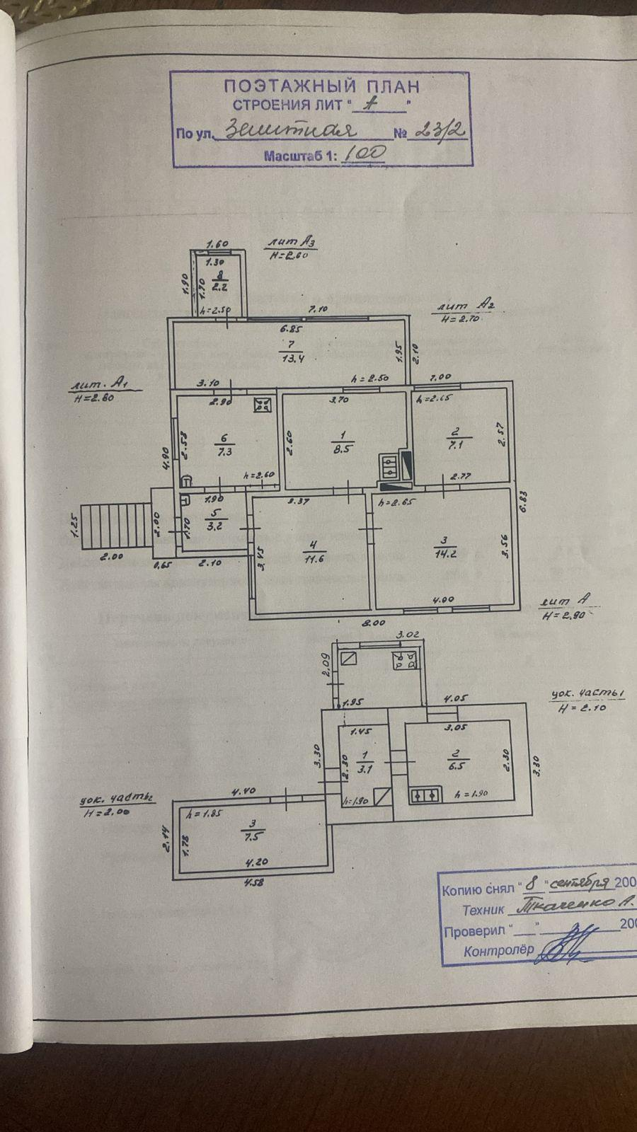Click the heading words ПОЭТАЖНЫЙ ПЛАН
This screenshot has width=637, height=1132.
tap(321, 87)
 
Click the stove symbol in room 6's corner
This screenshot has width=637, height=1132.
tap(263, 405)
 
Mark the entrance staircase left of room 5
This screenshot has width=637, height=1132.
tap(117, 526)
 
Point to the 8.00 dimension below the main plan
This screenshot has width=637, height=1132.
tap(374, 623)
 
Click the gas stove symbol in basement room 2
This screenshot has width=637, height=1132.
tap(425, 795)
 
